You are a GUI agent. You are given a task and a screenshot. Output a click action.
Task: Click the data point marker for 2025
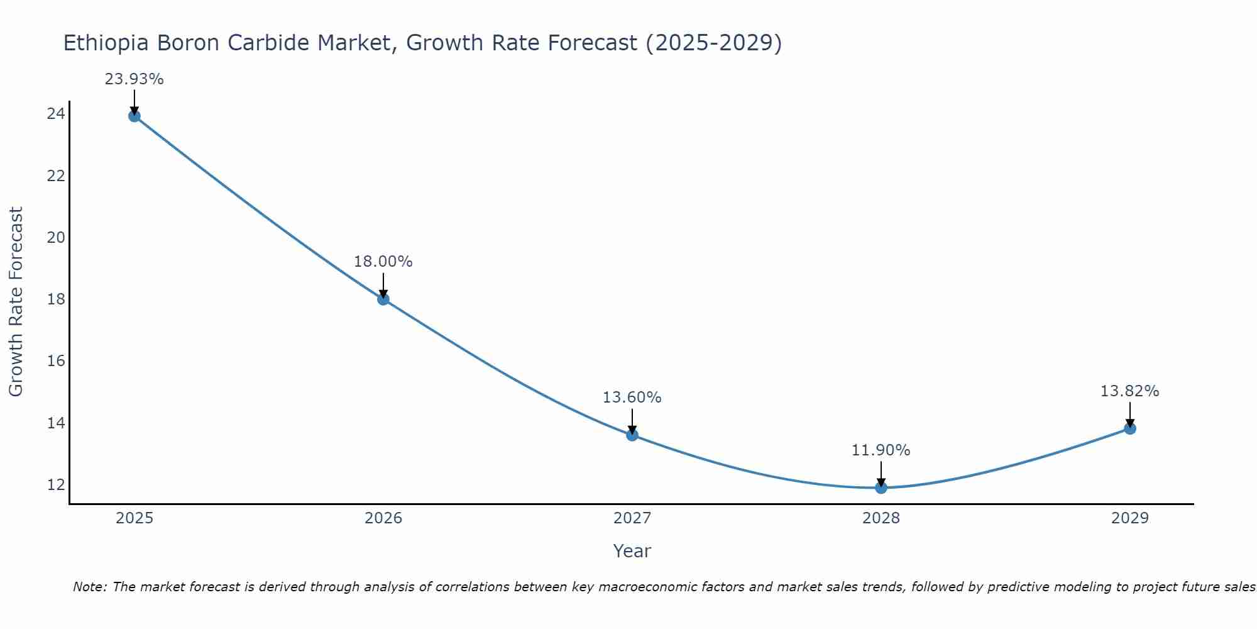point(134,116)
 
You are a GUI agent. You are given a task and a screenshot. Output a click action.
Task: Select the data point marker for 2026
point(383,299)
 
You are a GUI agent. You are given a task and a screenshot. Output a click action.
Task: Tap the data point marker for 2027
point(632,435)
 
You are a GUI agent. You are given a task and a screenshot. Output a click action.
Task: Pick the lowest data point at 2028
point(881,487)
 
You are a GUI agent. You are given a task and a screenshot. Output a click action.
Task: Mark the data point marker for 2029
point(1130,428)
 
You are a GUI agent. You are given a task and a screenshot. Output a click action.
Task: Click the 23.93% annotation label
point(134,79)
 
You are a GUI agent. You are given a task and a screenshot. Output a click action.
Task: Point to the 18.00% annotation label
point(383,262)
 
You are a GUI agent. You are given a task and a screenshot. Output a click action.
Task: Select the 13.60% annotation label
point(632,398)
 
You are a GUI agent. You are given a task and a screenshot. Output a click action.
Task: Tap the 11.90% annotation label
point(881,450)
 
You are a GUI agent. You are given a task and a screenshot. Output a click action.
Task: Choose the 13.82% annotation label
point(1130,391)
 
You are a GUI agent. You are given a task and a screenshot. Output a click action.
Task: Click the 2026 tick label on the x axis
point(383,518)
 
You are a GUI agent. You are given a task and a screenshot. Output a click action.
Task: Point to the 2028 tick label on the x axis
point(881,518)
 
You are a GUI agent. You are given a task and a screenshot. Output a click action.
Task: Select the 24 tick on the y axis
point(56,114)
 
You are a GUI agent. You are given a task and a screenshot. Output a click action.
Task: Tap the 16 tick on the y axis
point(56,361)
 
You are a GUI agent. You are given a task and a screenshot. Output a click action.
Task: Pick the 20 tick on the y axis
point(56,238)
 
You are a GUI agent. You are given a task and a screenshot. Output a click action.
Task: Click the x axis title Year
point(632,551)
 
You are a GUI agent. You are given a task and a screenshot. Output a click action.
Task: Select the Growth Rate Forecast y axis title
point(16,302)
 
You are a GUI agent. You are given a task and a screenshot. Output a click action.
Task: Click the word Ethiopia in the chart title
point(106,43)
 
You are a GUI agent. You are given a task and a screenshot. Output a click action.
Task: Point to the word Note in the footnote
point(90,587)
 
